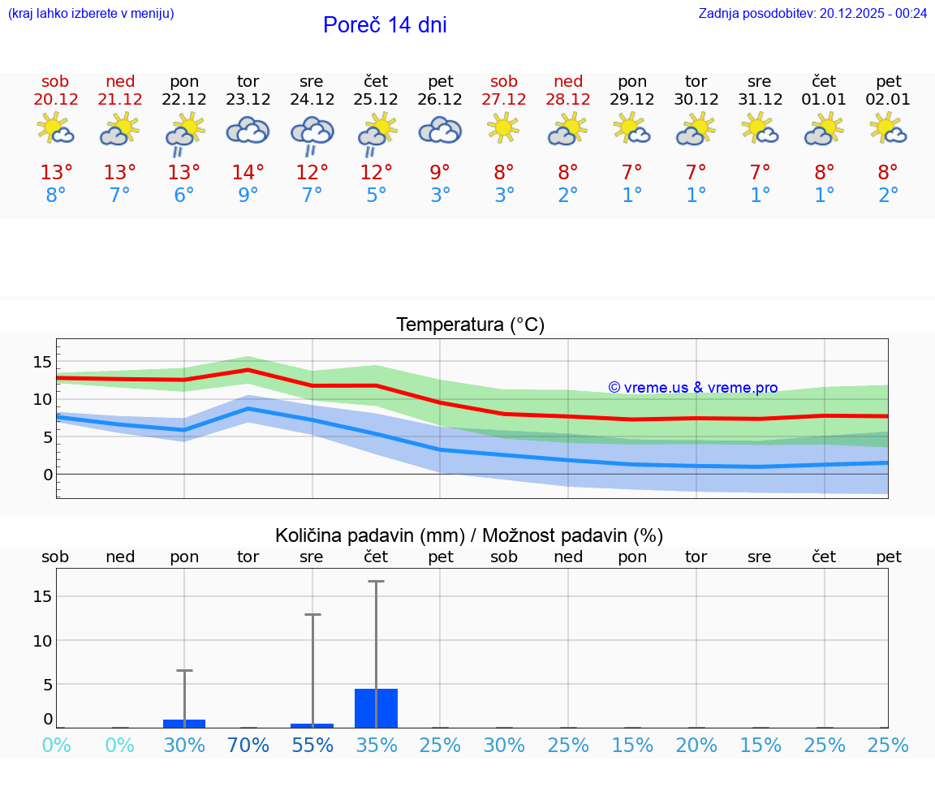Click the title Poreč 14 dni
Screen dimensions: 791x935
pos(385,25)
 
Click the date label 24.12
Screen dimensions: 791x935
pos(312,100)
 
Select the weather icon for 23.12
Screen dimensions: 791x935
pos(248,130)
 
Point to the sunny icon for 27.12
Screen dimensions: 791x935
pos(503,127)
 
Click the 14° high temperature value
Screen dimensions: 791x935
pos(248,173)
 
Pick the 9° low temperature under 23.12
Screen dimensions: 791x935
pos(248,196)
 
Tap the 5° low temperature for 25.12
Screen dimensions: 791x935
pos(376,196)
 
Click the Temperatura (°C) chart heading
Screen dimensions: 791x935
pos(470,325)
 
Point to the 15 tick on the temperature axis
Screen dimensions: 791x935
pos(42,362)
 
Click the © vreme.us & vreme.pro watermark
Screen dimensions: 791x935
pos(692,388)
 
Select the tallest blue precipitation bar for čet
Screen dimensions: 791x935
pos(376,708)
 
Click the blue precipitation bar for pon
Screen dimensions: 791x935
pos(184,724)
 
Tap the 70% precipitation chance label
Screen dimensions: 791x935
pos(248,745)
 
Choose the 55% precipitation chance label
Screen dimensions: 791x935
pos(312,745)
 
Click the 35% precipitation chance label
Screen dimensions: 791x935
pos(376,745)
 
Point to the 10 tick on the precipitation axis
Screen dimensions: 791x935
pos(42,640)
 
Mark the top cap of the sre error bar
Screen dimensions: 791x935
pos(312,615)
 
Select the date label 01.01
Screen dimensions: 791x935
pos(825,100)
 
